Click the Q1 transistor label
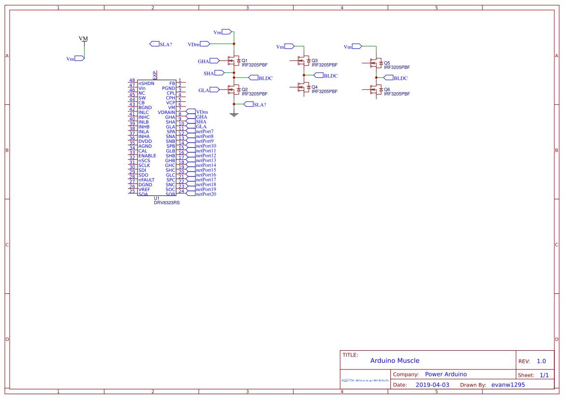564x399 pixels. click(x=244, y=60)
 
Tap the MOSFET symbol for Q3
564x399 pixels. click(x=303, y=61)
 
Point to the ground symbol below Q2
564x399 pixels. click(x=234, y=114)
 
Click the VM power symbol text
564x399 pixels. click(x=83, y=38)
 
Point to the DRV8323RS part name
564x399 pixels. click(x=166, y=203)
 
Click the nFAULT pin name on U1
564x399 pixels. click(x=147, y=180)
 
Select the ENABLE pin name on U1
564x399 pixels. click(x=147, y=156)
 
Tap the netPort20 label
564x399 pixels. click(x=206, y=194)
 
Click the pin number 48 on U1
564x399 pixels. click(x=132, y=81)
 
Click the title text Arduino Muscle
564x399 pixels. click(x=395, y=360)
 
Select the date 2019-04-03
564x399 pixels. click(x=432, y=385)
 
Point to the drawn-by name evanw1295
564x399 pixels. click(x=508, y=385)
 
